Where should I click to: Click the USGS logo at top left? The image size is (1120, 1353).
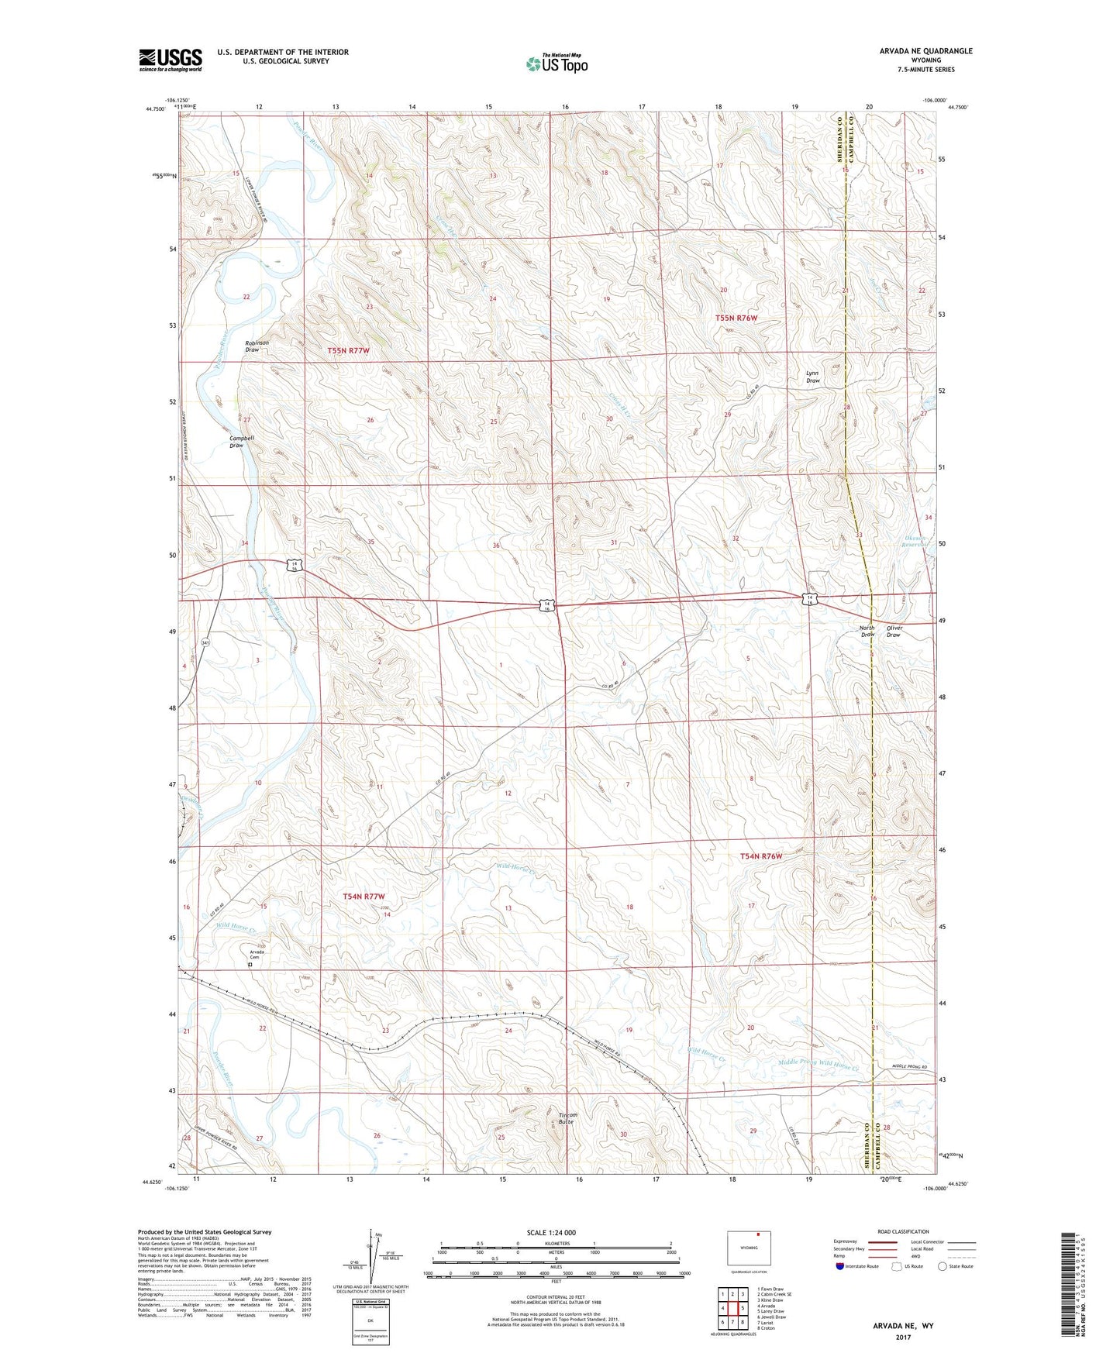tap(170, 60)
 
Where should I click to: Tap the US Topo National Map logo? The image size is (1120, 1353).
tap(557, 63)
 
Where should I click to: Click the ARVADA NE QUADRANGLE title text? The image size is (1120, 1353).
tap(925, 51)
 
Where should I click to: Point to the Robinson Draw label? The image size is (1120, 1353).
tap(257, 346)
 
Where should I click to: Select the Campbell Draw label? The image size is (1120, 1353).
tap(241, 442)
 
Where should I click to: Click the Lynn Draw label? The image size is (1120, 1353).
tap(812, 377)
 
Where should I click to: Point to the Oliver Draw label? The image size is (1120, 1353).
tap(894, 632)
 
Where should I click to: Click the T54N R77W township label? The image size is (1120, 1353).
tap(364, 897)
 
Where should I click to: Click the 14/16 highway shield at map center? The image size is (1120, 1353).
tap(547, 606)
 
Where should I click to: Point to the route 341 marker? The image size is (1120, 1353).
tap(205, 643)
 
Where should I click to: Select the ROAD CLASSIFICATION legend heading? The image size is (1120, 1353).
tap(903, 1231)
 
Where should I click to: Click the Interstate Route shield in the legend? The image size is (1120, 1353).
tap(840, 1267)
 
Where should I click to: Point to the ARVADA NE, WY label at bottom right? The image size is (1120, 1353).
tap(903, 1326)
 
